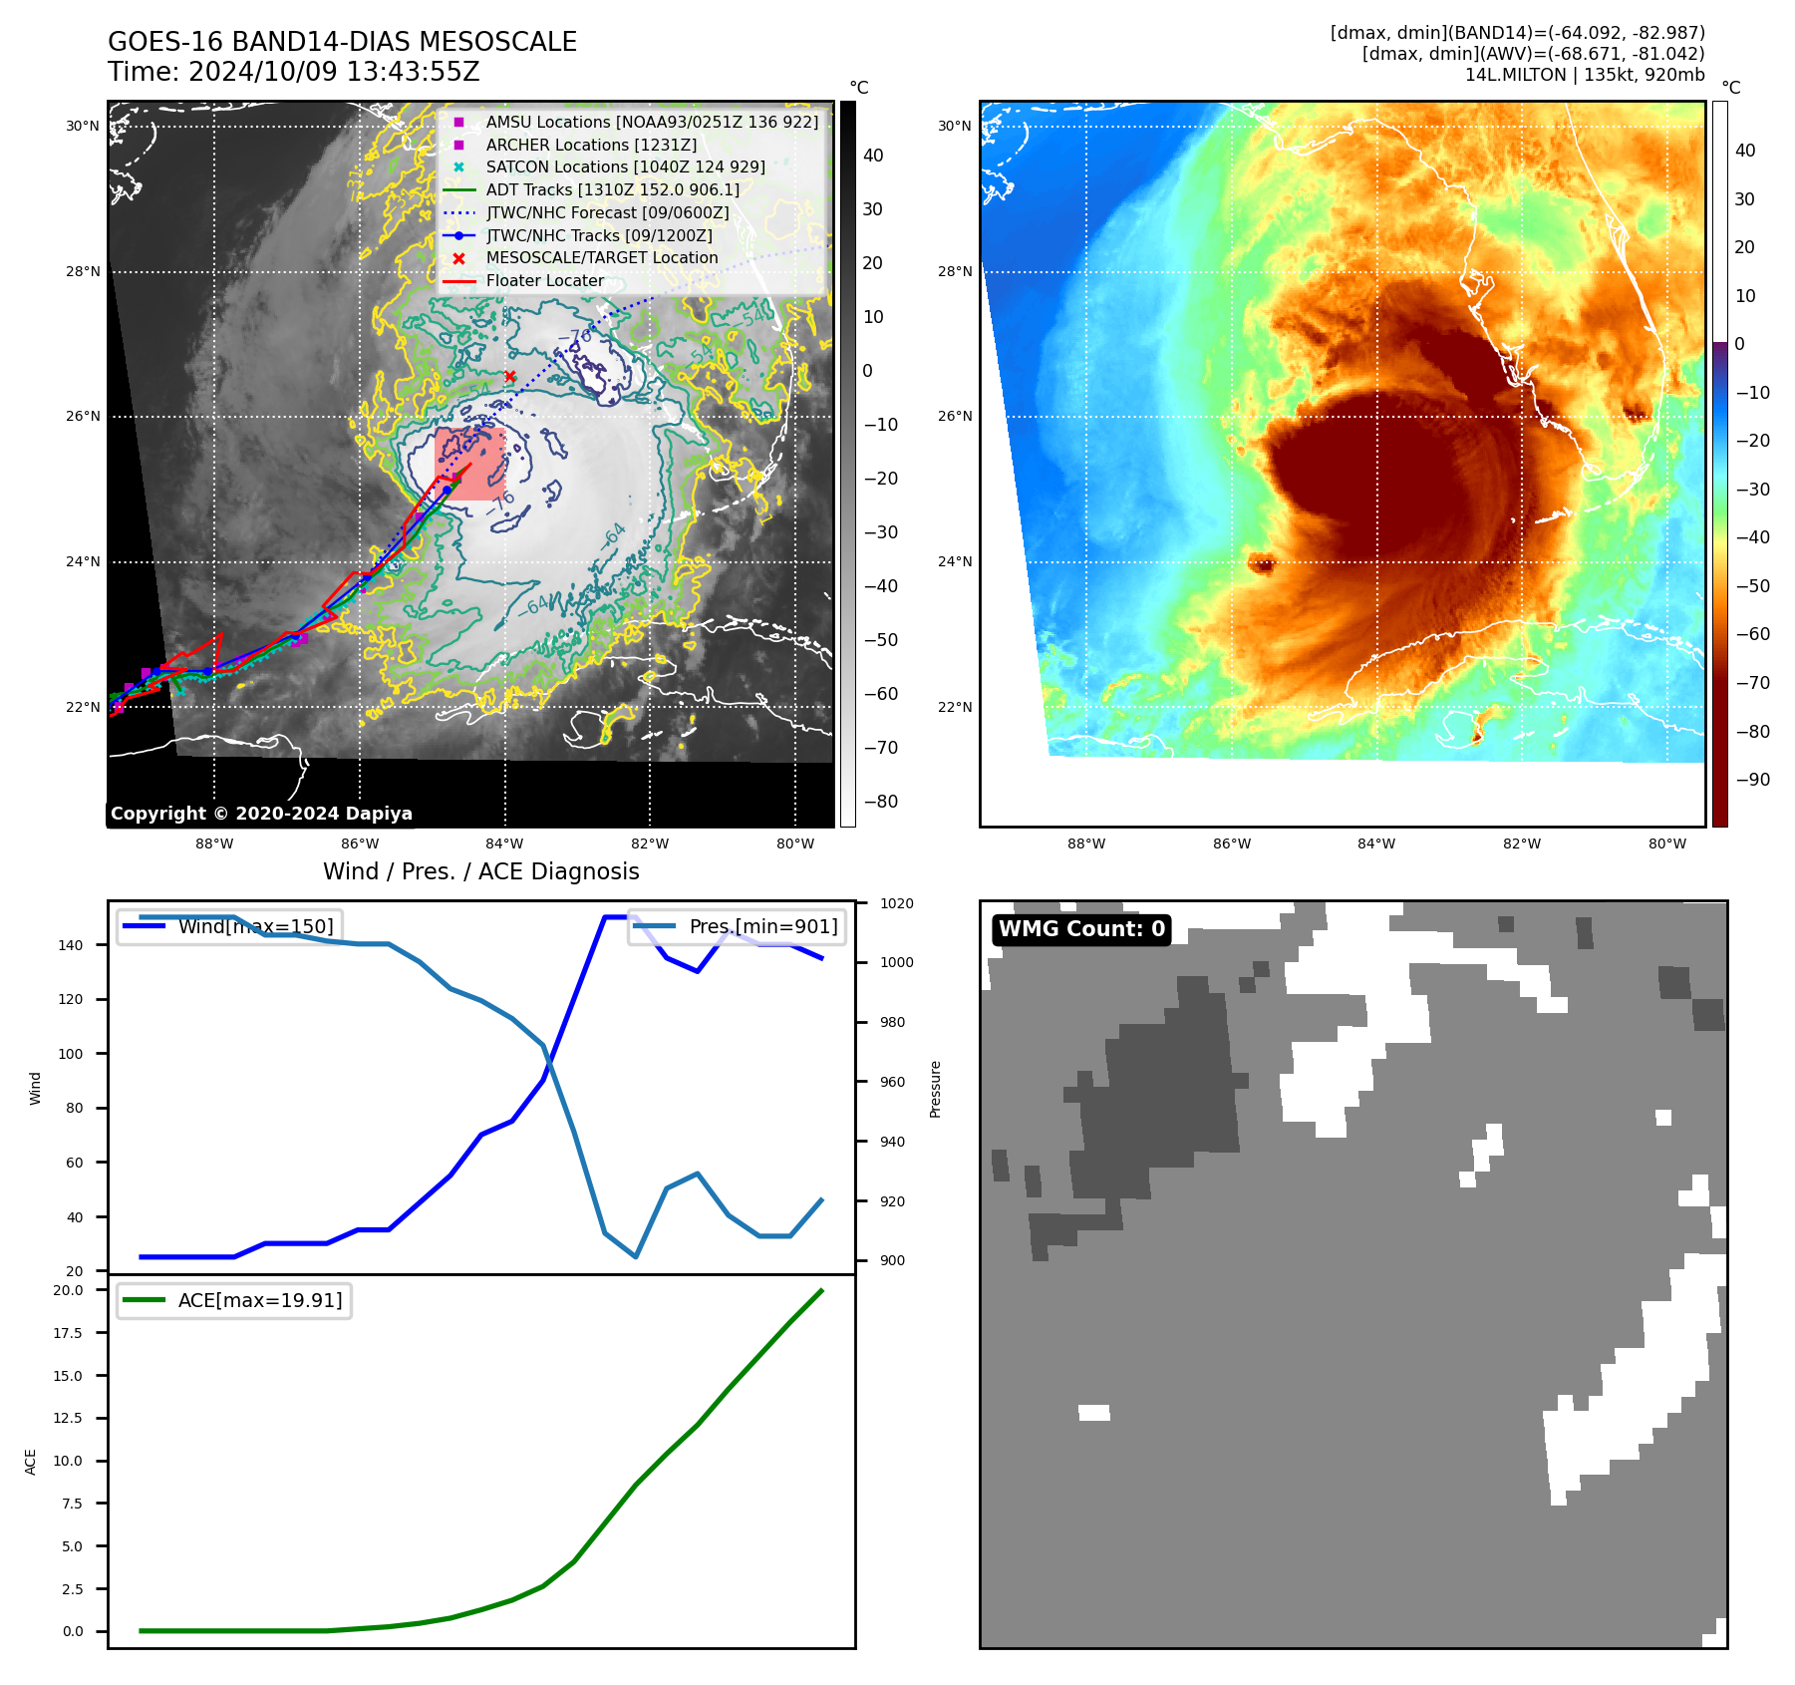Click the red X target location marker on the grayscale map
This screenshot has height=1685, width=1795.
(x=510, y=376)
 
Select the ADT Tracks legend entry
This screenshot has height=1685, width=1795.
(x=612, y=189)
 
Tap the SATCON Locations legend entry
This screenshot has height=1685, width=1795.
(x=625, y=167)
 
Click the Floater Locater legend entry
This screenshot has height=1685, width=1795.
(x=544, y=280)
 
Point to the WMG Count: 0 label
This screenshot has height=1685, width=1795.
(x=1081, y=929)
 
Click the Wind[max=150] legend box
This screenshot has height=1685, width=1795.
(x=229, y=926)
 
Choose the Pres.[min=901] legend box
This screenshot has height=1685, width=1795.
(x=738, y=926)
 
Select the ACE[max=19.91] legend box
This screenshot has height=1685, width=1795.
(x=234, y=1300)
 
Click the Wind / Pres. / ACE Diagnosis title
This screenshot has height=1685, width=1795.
(x=481, y=871)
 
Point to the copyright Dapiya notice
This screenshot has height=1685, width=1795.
(x=261, y=814)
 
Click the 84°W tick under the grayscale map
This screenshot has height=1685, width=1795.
(x=504, y=843)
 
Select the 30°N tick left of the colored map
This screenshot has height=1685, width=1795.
(x=954, y=126)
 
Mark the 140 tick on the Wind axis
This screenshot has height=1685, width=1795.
(x=71, y=945)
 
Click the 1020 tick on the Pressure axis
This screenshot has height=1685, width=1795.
(x=896, y=903)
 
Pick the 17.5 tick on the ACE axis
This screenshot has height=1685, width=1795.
(x=68, y=1333)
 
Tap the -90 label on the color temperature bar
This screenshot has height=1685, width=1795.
(x=1752, y=780)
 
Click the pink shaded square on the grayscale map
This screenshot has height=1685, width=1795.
(x=469, y=465)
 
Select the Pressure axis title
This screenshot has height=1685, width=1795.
(x=935, y=1089)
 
